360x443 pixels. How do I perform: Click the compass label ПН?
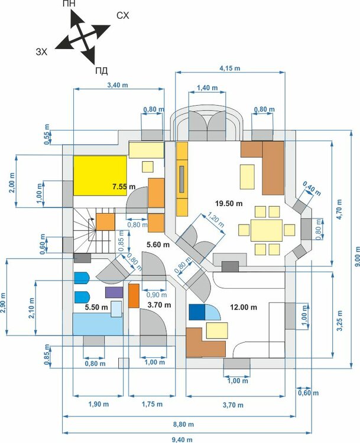70,4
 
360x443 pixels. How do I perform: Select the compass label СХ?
122,14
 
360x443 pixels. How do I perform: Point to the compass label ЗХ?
42,52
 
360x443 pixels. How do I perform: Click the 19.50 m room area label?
229,203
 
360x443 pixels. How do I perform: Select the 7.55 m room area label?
124,187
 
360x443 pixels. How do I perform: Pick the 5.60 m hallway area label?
158,245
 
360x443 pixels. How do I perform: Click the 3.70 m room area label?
158,305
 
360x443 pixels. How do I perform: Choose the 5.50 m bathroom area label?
95,308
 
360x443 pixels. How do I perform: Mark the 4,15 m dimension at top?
229,69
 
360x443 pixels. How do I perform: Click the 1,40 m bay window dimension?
206,87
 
